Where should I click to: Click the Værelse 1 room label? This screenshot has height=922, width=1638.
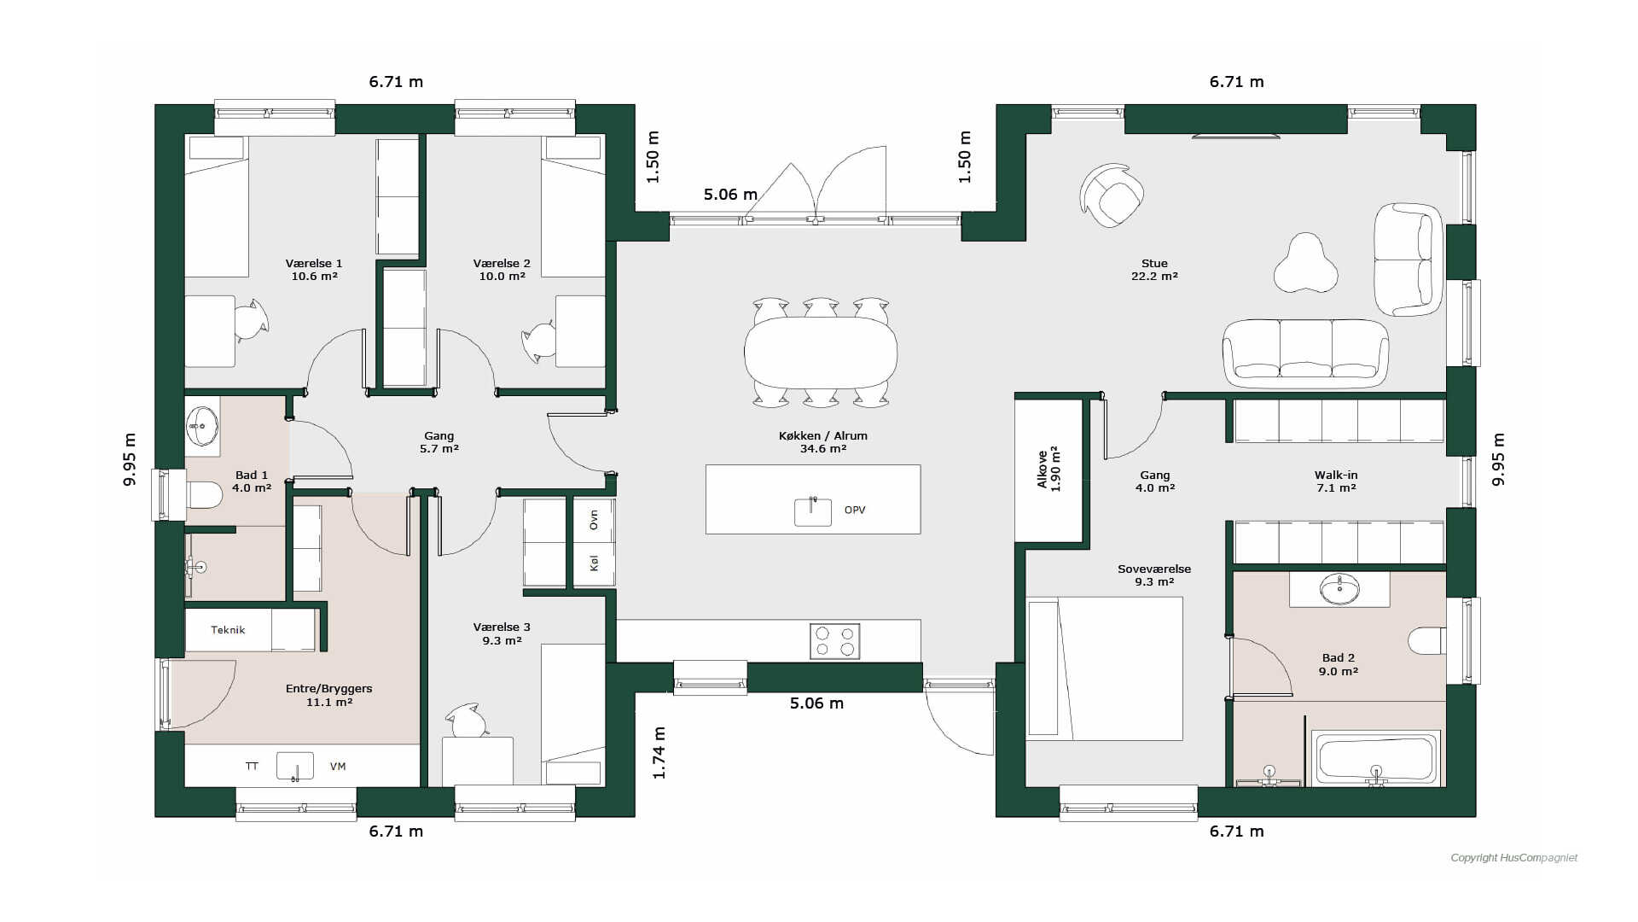click(314, 270)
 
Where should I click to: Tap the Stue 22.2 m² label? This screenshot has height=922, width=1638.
click(1154, 270)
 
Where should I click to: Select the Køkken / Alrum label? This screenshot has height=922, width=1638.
click(823, 435)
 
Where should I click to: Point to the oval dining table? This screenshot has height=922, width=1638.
click(821, 352)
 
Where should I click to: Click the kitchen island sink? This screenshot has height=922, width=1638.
click(813, 511)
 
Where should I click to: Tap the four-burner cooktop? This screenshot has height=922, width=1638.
click(834, 641)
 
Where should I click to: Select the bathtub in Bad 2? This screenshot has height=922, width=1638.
click(1375, 757)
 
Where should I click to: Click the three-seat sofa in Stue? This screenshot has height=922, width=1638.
click(1305, 353)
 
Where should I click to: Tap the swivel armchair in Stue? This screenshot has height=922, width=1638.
click(1112, 195)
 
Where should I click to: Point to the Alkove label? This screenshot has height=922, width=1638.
click(1043, 469)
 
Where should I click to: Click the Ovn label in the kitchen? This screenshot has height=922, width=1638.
click(594, 519)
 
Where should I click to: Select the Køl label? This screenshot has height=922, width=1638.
click(594, 563)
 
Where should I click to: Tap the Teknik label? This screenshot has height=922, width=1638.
click(228, 630)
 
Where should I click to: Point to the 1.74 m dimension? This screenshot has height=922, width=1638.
click(659, 752)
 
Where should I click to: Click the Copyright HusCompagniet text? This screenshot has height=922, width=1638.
click(1514, 858)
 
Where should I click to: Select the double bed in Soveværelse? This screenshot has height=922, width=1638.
click(1105, 668)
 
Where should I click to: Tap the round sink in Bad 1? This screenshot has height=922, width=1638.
click(203, 424)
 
